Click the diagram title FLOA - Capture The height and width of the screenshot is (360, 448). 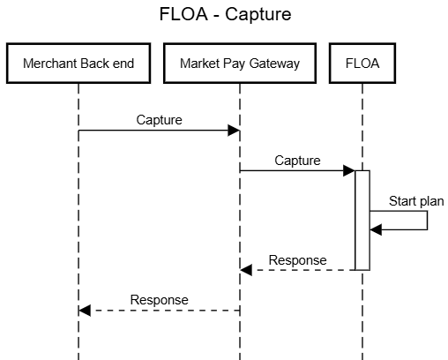coord(225,14)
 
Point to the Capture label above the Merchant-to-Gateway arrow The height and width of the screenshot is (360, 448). coord(159,120)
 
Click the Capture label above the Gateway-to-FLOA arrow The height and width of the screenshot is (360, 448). coord(297,161)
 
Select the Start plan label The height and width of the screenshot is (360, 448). coord(416,201)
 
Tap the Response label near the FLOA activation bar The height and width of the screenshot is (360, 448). coord(297,260)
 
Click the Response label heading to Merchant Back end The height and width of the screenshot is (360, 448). coord(159,300)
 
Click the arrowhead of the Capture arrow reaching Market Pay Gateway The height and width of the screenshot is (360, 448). coord(234,131)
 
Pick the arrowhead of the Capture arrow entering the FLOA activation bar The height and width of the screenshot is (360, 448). coord(349,170)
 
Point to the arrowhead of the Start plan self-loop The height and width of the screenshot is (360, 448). coord(376,229)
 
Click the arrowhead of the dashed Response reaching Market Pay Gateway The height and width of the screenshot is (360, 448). coord(246,270)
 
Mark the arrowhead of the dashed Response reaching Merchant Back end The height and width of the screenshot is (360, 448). coord(85,311)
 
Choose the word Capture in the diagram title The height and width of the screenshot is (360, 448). coord(258,15)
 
